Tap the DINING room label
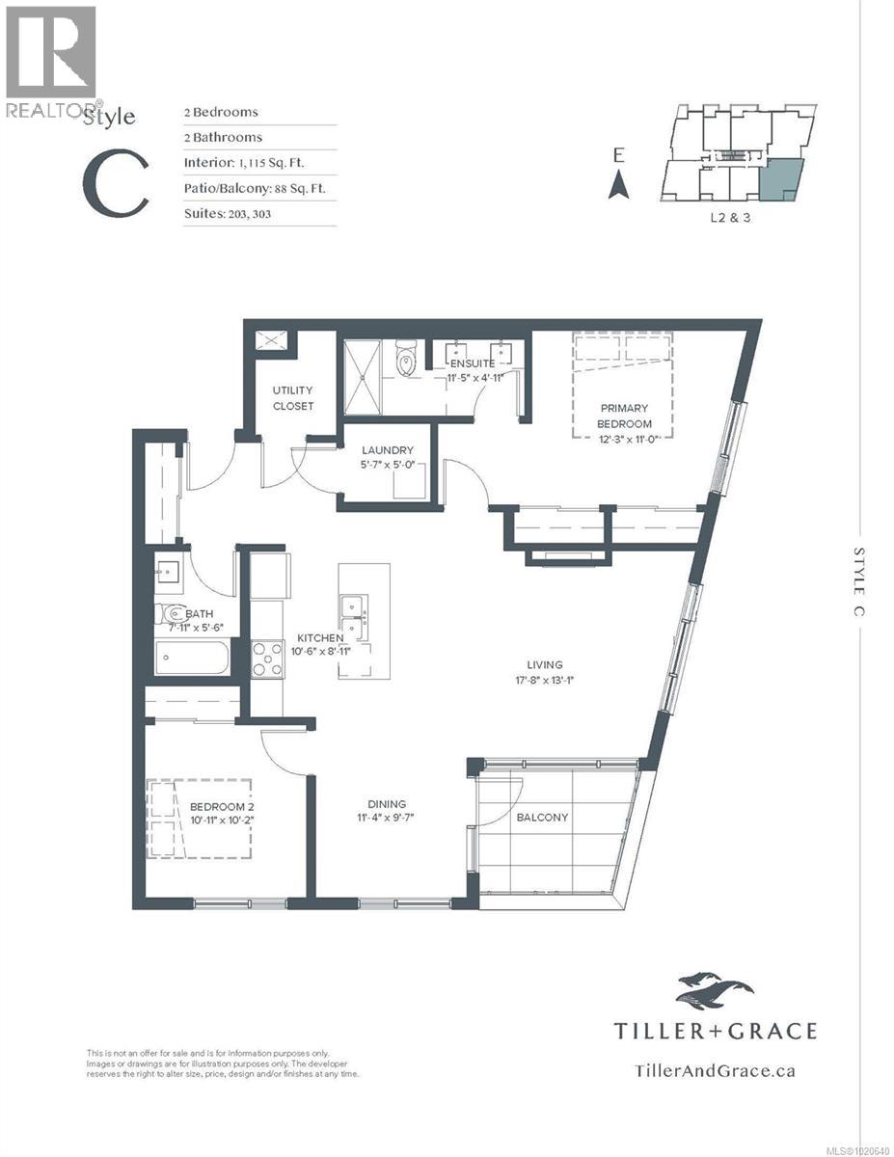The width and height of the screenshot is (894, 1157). click(386, 804)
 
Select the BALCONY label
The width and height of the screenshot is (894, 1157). click(541, 817)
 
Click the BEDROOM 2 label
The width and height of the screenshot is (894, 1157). click(221, 806)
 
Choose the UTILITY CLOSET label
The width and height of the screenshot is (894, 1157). click(292, 398)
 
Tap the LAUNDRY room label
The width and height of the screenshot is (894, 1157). click(388, 450)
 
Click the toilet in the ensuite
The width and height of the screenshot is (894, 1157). click(407, 363)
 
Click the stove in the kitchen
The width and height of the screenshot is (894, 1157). click(266, 659)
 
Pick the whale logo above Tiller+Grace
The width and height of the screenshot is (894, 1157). click(715, 991)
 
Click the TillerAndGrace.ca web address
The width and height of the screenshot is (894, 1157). click(715, 1069)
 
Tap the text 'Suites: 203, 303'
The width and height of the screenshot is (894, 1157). click(228, 213)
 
